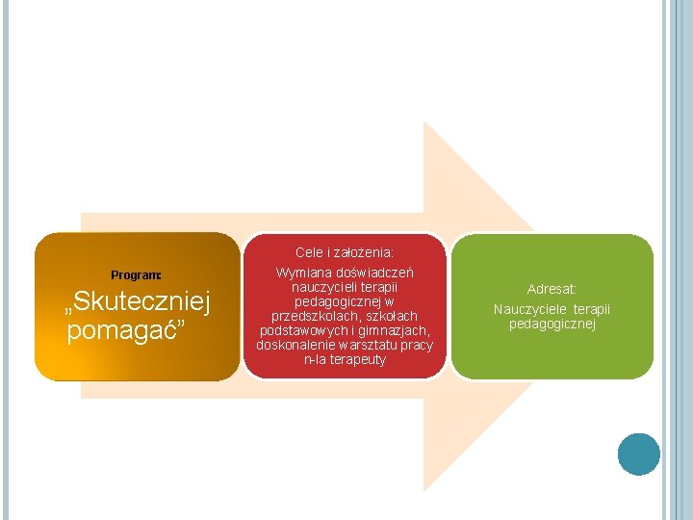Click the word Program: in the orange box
(x=136, y=274)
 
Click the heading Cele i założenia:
(x=345, y=252)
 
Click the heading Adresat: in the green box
(x=552, y=289)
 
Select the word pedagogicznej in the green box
(x=552, y=324)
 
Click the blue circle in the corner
(x=639, y=454)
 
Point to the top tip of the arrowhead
(x=425, y=122)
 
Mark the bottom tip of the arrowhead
(x=425, y=491)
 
